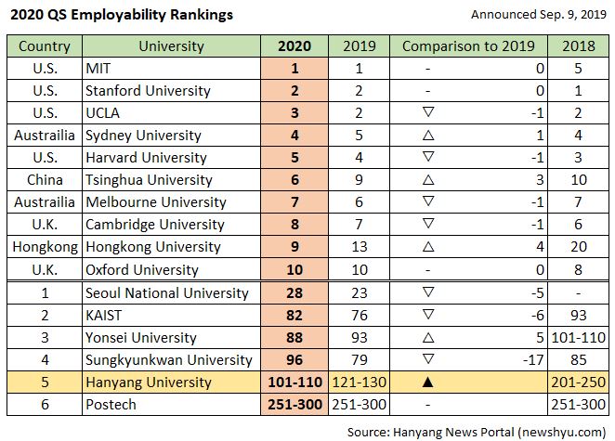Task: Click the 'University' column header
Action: pos(171,46)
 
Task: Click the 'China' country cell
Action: pos(45,180)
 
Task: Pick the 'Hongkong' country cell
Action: pos(45,247)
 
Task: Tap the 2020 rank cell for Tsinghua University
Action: pos(294,180)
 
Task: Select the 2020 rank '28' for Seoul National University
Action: pos(294,292)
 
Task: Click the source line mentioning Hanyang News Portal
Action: pos(478,431)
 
